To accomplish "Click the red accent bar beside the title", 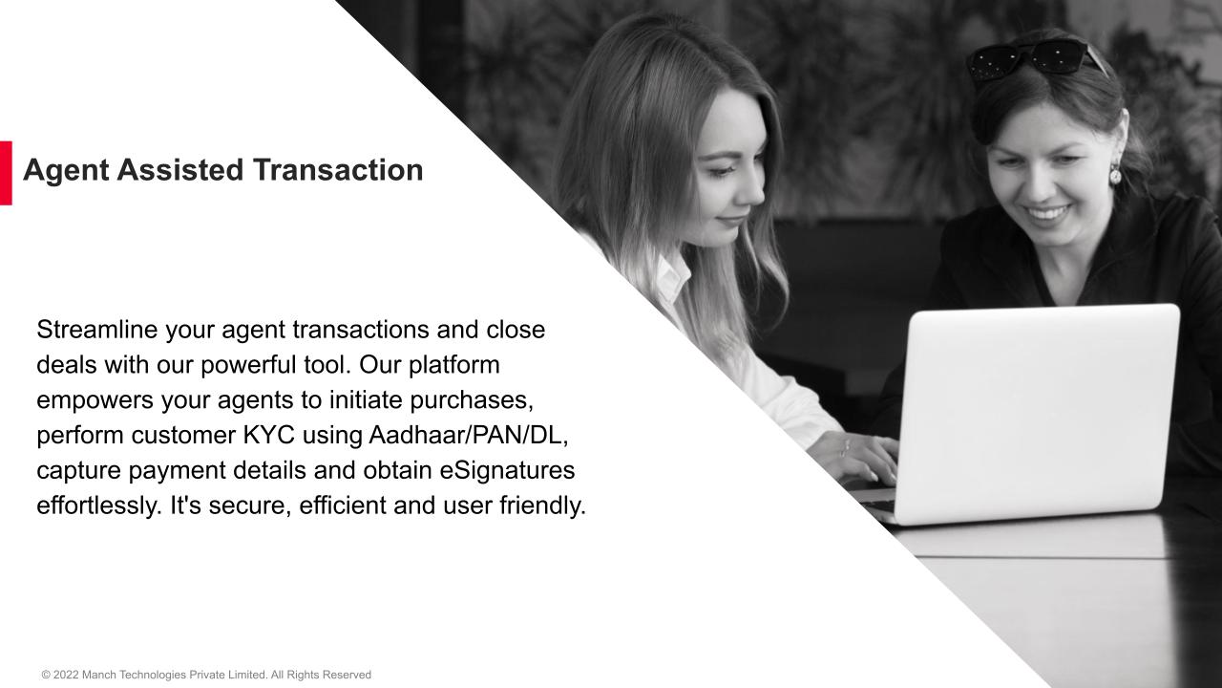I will [x=6, y=173].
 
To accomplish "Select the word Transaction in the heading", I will [x=338, y=170].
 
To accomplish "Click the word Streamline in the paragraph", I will [x=97, y=330].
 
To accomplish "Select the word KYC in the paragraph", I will [x=266, y=435].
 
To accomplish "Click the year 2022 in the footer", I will [x=66, y=675].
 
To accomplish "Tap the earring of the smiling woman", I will [x=1114, y=174].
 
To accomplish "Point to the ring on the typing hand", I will [x=844, y=445].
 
